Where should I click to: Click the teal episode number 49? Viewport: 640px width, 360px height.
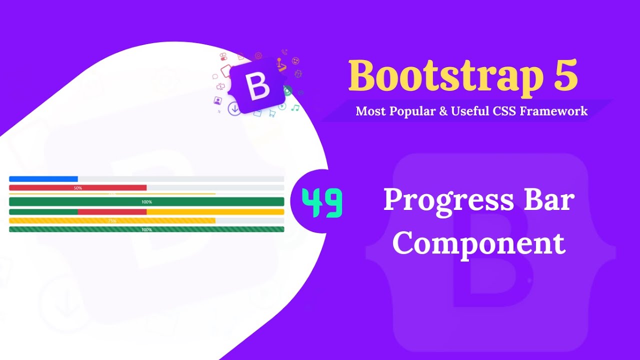(322, 203)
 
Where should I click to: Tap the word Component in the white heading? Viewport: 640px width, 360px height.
(478, 243)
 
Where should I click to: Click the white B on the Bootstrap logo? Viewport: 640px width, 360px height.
(258, 86)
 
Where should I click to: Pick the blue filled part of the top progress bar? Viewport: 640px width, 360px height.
(43, 179)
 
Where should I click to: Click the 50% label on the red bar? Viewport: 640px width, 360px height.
(77, 188)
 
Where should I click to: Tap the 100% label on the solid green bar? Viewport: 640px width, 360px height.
(146, 202)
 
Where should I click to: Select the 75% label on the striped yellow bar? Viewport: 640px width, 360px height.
(112, 220)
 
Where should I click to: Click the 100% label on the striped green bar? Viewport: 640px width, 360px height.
(146, 229)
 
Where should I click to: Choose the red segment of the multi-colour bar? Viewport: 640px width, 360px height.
(112, 211)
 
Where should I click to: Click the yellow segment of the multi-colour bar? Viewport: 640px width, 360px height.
(215, 211)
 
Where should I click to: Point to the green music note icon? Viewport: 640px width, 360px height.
(295, 107)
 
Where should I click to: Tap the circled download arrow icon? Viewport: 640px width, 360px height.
(234, 108)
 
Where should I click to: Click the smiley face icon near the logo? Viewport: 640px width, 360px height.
(295, 61)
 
